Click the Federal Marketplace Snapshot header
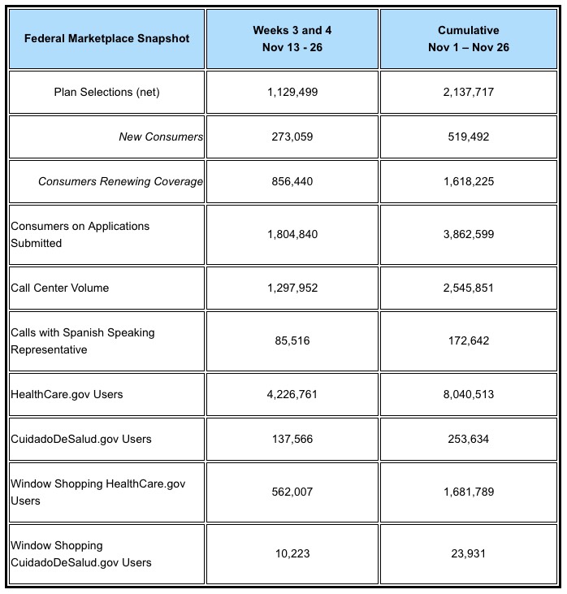coord(106,38)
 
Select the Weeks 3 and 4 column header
coord(292,38)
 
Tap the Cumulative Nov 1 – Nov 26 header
coord(468,38)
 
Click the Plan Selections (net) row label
coord(106,92)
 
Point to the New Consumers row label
coord(161,137)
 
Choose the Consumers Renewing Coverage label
coord(120,181)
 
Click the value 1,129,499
coord(292,92)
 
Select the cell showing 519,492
coord(468,137)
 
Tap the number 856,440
coord(292,181)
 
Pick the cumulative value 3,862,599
coord(468,234)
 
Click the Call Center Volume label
coord(60,288)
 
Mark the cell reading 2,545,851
coord(468,288)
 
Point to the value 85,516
coord(292,341)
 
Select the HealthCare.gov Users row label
coord(67,394)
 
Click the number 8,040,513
coord(468,394)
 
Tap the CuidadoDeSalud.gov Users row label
coord(81,439)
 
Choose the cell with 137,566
coord(292,439)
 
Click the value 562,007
coord(292,492)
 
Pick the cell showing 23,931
coord(468,553)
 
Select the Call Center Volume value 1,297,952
coord(292,288)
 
